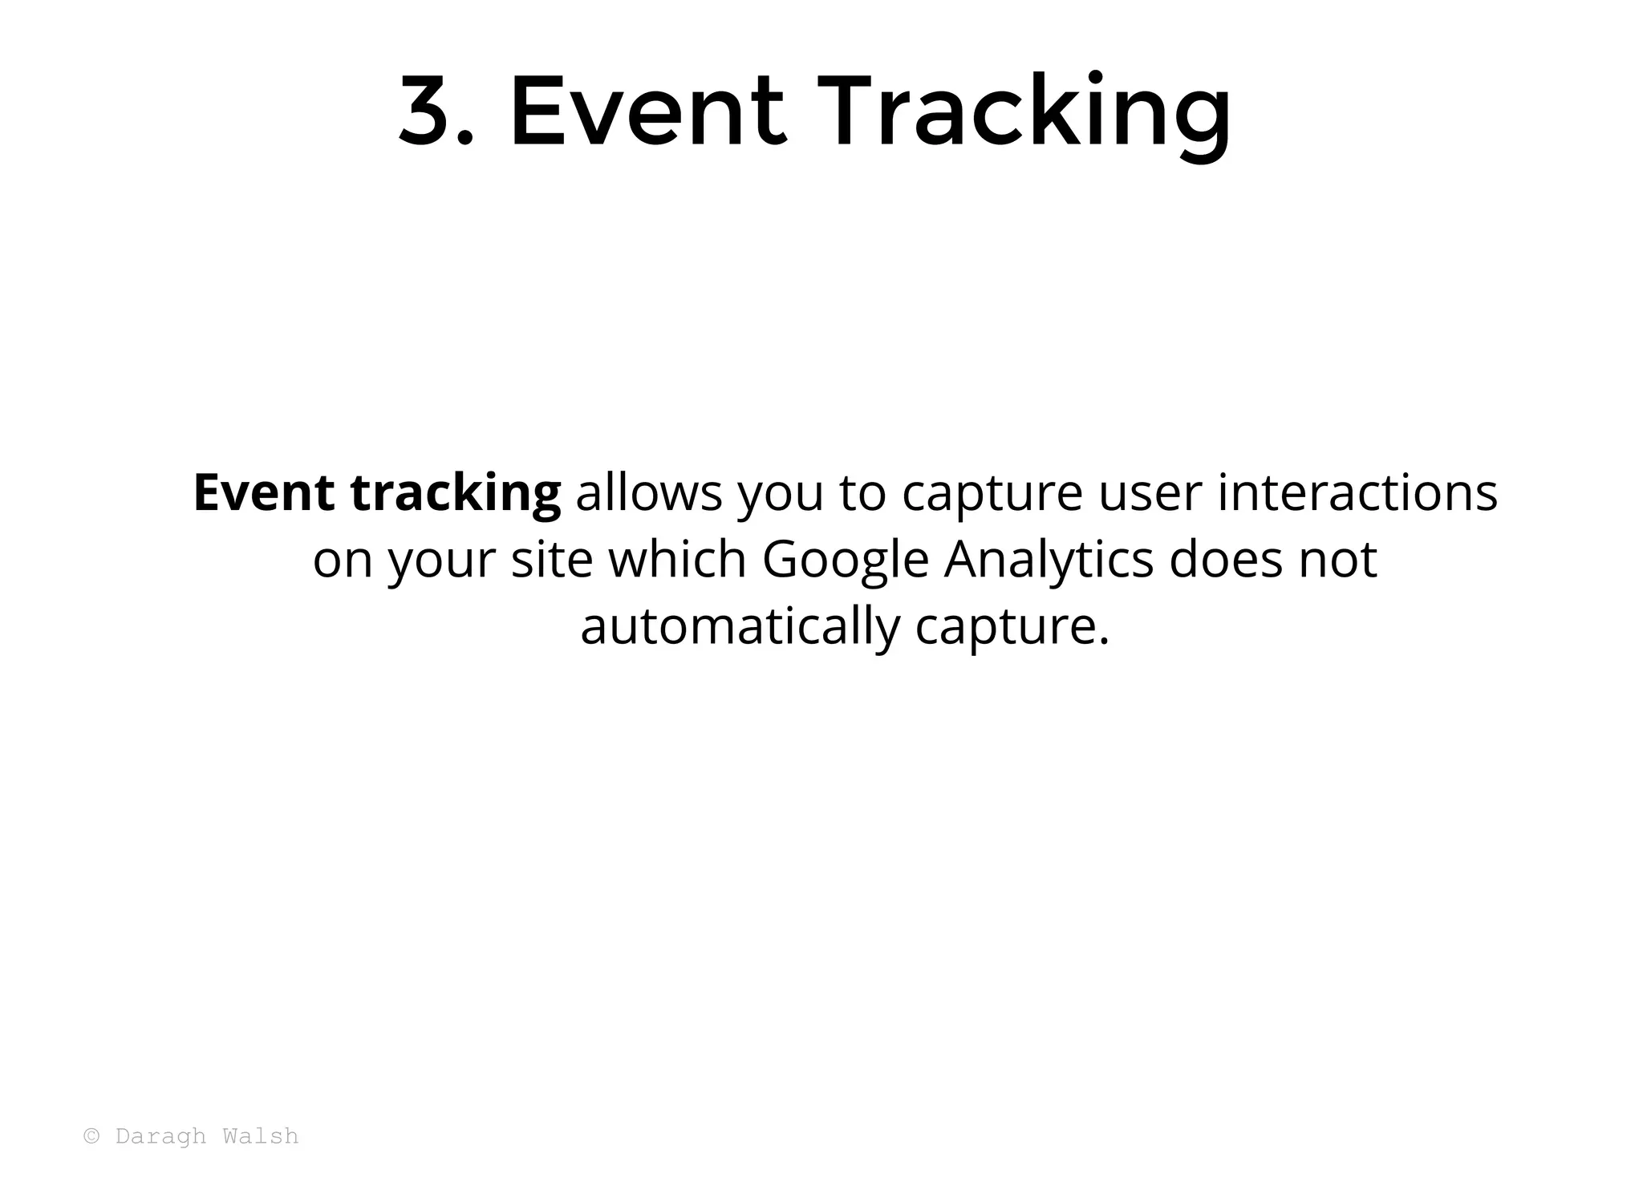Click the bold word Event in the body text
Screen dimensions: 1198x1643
point(263,492)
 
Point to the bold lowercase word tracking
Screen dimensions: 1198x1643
point(456,494)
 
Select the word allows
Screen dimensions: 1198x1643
point(649,492)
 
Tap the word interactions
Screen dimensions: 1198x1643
point(1357,492)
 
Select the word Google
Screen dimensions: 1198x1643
point(845,561)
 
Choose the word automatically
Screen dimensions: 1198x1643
point(740,628)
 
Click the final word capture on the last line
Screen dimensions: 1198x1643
point(1012,628)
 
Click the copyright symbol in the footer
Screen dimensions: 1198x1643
point(92,1136)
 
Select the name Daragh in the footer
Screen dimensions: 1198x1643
point(161,1137)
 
